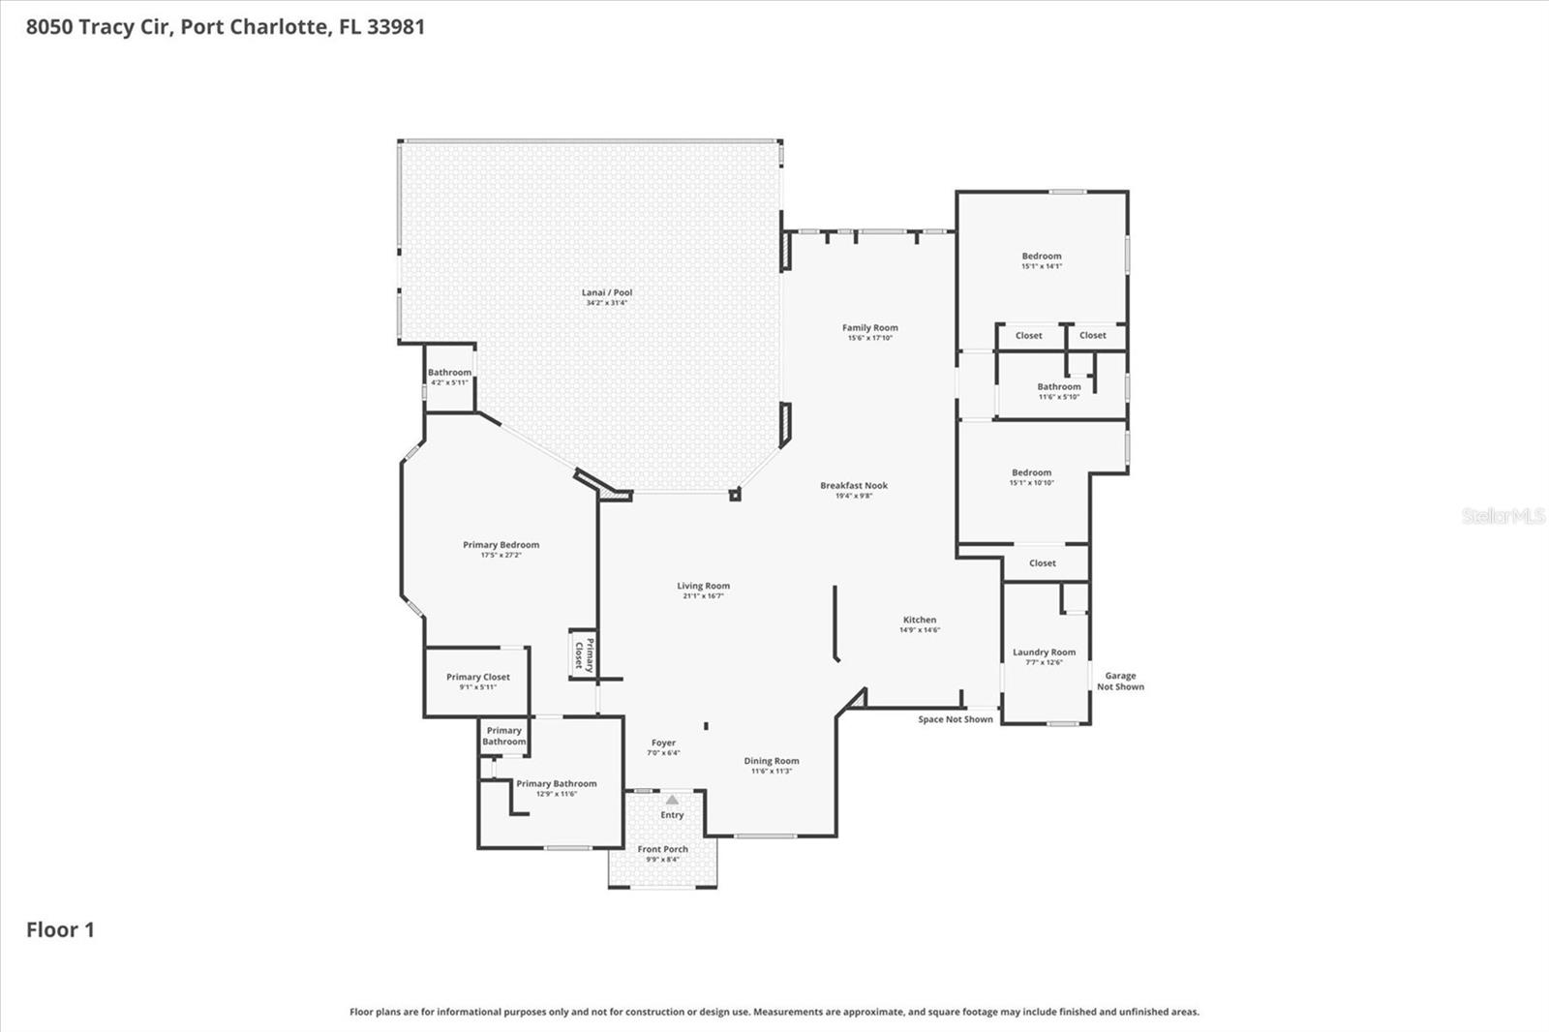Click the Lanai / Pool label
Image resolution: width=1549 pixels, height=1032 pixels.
click(607, 292)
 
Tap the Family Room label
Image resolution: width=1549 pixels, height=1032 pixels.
click(869, 328)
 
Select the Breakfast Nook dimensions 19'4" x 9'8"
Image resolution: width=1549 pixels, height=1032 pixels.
click(854, 496)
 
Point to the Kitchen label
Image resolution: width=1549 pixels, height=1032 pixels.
click(920, 620)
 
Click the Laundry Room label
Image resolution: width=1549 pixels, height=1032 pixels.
click(1044, 653)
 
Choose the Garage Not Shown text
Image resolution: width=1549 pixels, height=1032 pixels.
click(1120, 682)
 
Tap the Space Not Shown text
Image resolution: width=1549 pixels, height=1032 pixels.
click(956, 719)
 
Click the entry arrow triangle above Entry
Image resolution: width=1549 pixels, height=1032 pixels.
click(672, 800)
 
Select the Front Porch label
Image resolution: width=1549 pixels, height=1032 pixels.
click(662, 849)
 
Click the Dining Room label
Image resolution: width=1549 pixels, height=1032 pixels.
click(772, 761)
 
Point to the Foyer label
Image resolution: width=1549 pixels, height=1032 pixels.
click(663, 744)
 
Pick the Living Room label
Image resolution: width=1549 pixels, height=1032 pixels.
click(703, 586)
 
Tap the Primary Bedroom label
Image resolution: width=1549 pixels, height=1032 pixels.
click(501, 545)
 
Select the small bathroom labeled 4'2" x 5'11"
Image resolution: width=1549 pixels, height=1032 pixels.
click(449, 377)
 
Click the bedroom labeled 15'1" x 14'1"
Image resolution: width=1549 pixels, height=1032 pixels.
click(1042, 260)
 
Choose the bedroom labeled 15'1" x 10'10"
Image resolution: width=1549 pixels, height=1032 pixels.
click(1031, 477)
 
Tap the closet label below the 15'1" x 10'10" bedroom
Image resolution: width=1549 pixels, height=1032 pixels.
click(1043, 563)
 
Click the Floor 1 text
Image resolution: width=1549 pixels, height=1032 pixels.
click(60, 929)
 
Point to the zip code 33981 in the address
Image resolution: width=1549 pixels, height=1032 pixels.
click(395, 26)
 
